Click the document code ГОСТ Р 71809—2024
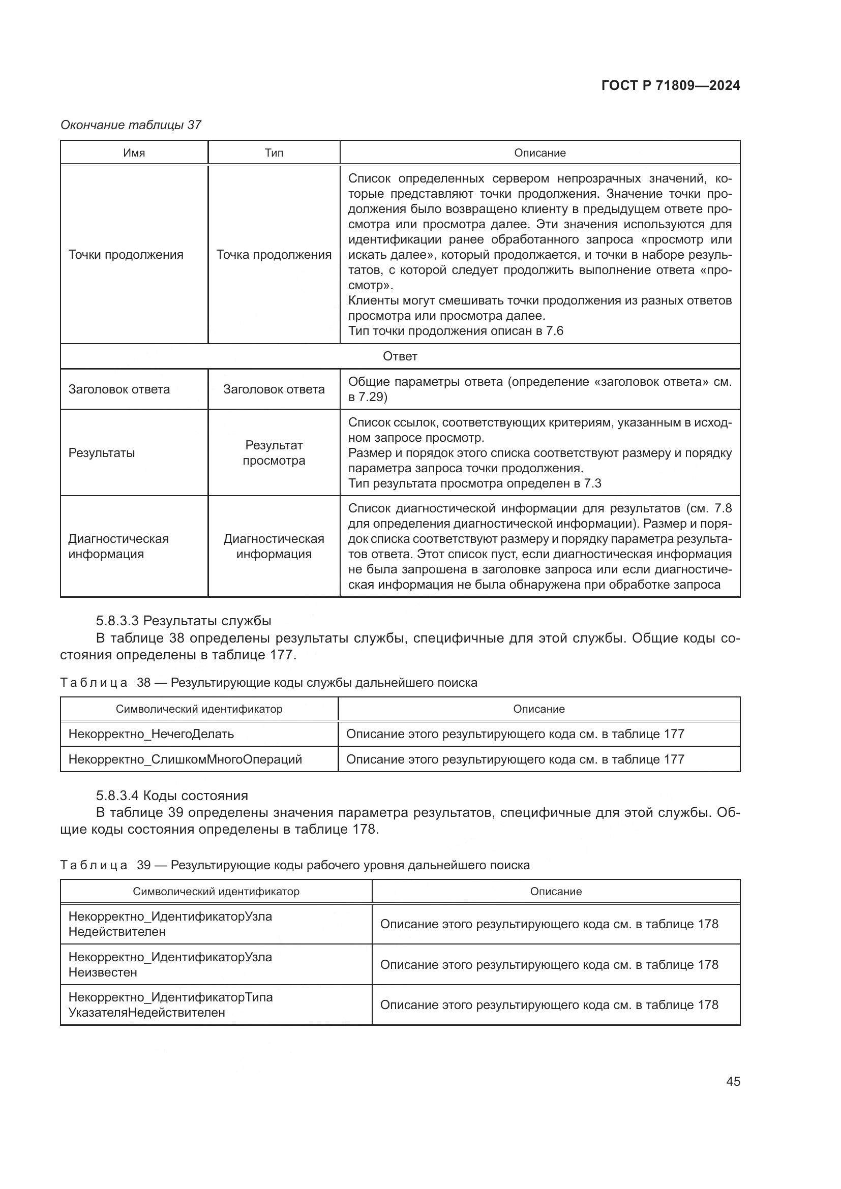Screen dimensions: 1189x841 (x=670, y=85)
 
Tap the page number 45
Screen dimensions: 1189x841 (x=733, y=1081)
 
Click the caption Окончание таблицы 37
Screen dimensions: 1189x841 (x=131, y=125)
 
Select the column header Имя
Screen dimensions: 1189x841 (x=134, y=153)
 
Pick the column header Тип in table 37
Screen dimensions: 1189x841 (x=274, y=153)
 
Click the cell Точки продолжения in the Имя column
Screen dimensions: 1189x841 (x=126, y=255)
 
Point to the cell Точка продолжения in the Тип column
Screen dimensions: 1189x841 (x=274, y=255)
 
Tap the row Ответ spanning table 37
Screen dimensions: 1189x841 (x=400, y=356)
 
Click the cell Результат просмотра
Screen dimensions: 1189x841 (x=274, y=452)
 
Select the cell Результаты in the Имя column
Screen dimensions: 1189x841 (x=102, y=452)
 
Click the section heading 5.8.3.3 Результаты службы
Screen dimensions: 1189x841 (x=184, y=620)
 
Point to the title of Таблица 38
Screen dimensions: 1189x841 (x=269, y=683)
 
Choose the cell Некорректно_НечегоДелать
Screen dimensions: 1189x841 (x=151, y=734)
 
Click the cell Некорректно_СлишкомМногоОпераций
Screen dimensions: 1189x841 (x=185, y=759)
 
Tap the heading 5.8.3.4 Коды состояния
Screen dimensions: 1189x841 (x=172, y=796)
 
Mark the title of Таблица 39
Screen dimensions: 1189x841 (x=295, y=865)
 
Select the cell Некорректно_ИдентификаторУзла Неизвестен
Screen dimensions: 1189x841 (x=170, y=964)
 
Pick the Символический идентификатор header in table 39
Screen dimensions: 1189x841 (x=216, y=891)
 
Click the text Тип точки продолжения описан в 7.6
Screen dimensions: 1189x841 (x=456, y=331)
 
